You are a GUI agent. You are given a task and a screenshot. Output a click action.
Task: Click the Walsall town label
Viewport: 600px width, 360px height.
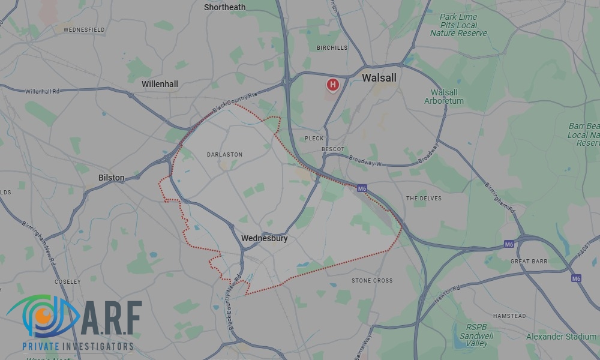(x=379, y=78)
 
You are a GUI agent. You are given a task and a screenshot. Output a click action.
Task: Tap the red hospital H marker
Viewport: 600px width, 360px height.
(x=332, y=85)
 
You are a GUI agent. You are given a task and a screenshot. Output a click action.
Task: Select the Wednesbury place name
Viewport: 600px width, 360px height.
(x=264, y=238)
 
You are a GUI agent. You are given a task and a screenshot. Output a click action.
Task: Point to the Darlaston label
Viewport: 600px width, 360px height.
(x=224, y=154)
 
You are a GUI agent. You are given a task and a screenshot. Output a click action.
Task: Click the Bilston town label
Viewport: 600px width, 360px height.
(x=112, y=178)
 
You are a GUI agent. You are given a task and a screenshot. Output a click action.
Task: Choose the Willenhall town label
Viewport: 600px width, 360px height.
(x=160, y=84)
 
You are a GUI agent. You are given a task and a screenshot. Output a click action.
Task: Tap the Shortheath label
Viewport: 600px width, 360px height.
(x=224, y=7)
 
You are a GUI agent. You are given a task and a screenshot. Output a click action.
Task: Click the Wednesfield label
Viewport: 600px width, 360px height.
(x=84, y=29)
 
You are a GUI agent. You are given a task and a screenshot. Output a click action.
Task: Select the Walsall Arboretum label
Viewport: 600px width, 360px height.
(x=444, y=97)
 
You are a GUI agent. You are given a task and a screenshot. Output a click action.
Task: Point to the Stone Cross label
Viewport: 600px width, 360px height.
(x=372, y=280)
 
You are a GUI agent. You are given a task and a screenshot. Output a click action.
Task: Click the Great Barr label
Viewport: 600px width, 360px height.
(x=528, y=262)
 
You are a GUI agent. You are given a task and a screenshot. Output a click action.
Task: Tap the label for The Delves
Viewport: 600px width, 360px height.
(x=424, y=198)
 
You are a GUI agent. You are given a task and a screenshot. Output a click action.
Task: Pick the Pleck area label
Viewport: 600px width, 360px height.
(x=314, y=138)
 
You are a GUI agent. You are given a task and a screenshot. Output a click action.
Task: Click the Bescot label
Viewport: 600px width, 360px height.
(x=333, y=149)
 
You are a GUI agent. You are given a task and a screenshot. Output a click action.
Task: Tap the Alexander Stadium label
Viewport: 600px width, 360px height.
(x=562, y=337)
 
